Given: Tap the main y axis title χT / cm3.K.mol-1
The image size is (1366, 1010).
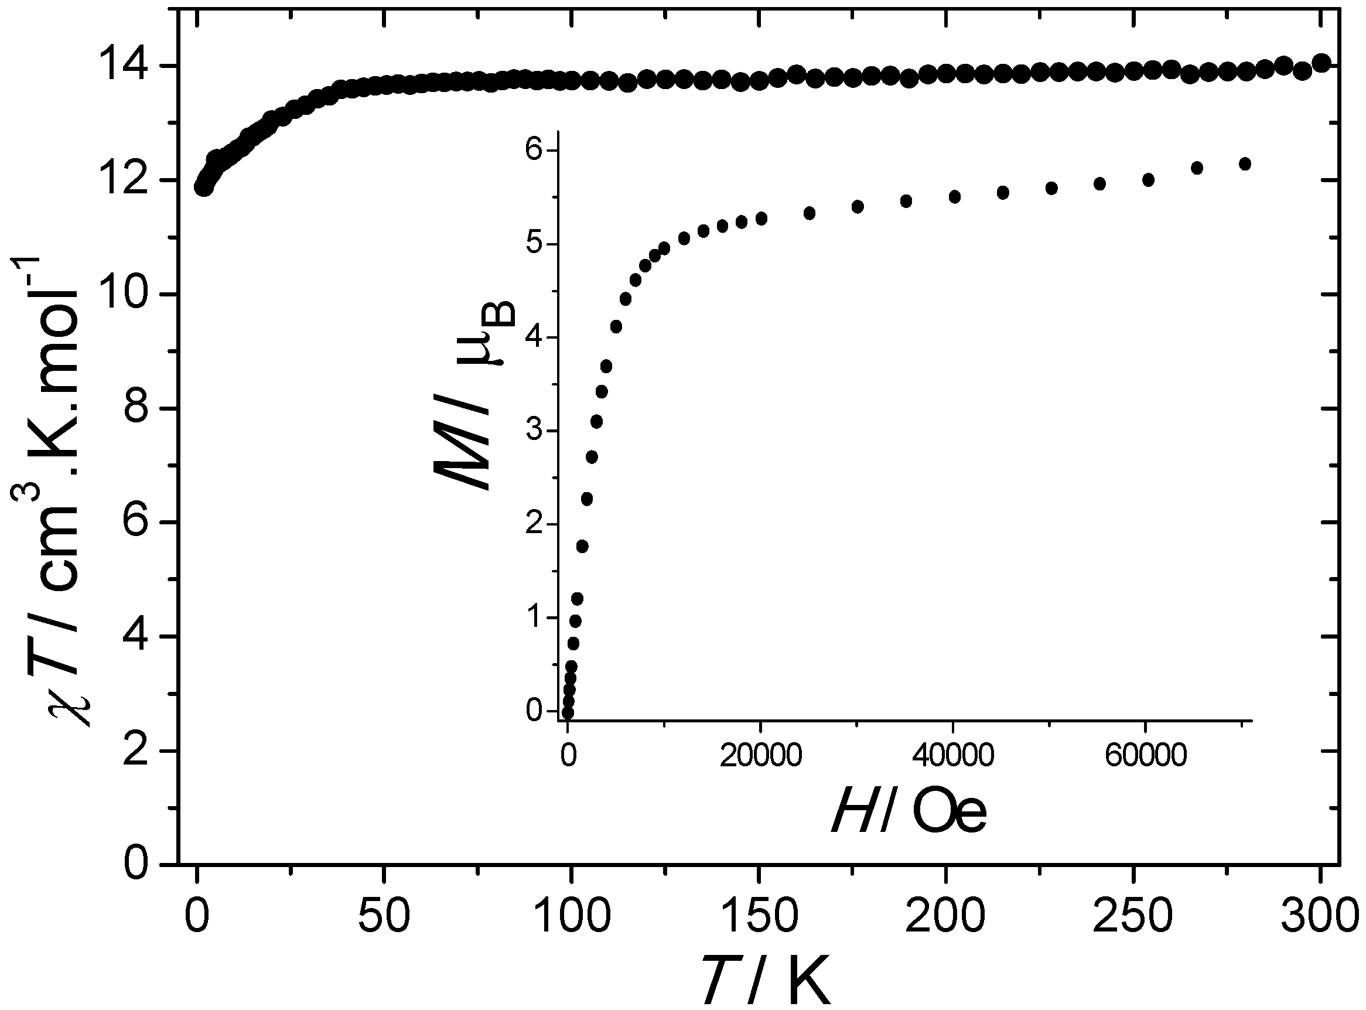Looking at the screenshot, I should point(52,489).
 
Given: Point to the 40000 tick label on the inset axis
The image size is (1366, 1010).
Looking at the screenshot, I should point(954,756).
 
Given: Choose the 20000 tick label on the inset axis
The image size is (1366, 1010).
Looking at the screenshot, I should point(761,756).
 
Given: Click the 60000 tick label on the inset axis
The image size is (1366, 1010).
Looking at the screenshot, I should point(1146,756).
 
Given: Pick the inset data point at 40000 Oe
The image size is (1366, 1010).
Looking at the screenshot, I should point(955,196).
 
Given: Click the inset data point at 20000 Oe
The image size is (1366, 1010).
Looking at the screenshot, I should point(761,219).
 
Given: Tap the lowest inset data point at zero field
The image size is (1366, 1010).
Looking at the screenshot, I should point(567,713).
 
